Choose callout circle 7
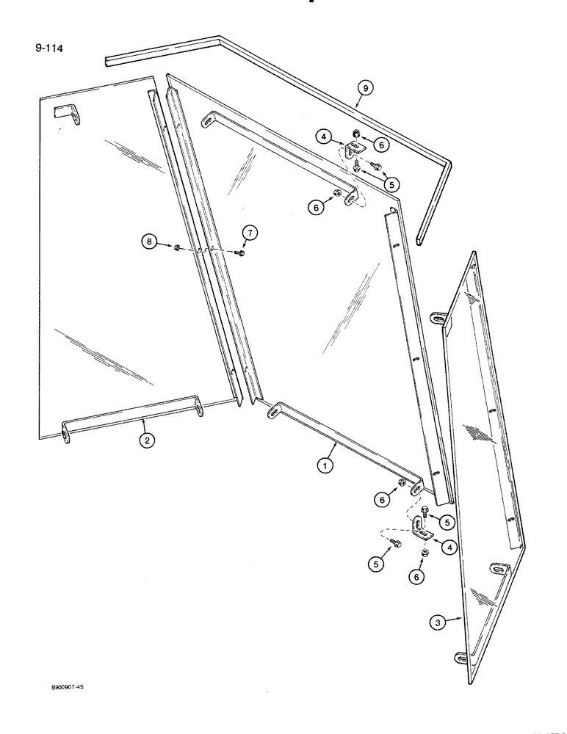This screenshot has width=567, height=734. [x=249, y=233]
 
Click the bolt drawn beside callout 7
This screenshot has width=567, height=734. [x=240, y=253]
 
